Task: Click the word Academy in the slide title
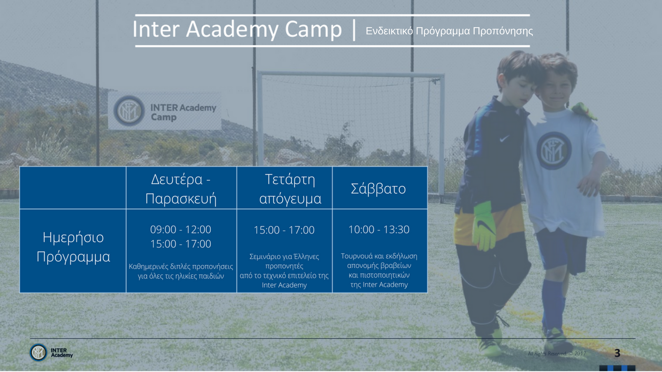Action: tap(232, 30)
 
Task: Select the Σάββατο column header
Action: tap(378, 188)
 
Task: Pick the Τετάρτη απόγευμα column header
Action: tap(290, 188)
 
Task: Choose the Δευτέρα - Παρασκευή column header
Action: tap(181, 188)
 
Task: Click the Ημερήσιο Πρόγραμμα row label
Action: tap(73, 247)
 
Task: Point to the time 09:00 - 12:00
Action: tap(181, 230)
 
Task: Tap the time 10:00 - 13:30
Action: tap(379, 230)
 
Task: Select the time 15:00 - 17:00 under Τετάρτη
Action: tap(284, 230)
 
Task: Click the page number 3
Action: tap(617, 353)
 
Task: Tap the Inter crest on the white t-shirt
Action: tap(554, 150)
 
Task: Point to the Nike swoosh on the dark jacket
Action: tap(504, 138)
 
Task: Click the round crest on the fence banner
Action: tap(129, 111)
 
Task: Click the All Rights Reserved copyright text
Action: tap(557, 353)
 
